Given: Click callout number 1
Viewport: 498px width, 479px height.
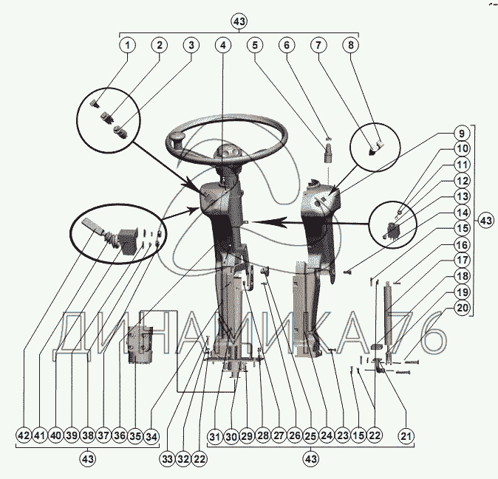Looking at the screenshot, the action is click(127, 45).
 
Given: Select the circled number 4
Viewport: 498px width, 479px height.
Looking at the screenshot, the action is click(222, 45).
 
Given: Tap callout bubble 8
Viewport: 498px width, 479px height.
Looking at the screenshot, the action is click(350, 45).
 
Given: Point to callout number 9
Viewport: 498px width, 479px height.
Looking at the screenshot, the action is click(460, 135).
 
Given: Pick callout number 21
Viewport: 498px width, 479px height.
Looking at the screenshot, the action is click(405, 436).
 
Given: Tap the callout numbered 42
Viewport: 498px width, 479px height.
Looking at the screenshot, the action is click(24, 436).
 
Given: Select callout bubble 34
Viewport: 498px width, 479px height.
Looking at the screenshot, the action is click(151, 436).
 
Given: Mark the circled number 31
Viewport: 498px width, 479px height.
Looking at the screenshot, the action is click(215, 436).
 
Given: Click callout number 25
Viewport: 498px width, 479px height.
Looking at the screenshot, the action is click(310, 436).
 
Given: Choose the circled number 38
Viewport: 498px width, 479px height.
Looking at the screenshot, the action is click(87, 436).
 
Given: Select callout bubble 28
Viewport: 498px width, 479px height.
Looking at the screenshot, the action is click(262, 436).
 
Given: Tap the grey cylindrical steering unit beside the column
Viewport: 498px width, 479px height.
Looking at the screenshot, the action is click(139, 345).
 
